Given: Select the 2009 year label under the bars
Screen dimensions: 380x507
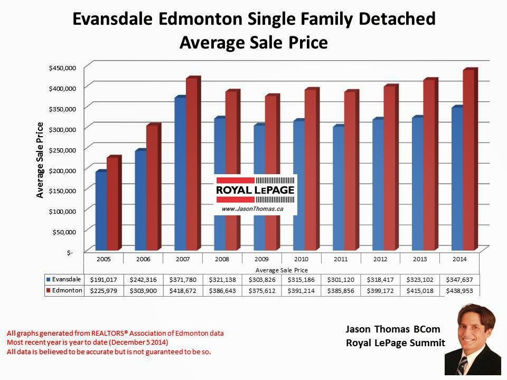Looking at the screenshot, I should pos(262,259).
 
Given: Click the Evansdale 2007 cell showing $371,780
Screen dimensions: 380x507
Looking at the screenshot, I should pos(183,280).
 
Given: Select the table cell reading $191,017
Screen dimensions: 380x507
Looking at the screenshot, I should pos(104,280).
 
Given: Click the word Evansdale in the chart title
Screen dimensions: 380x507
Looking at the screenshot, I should pos(110,20).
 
